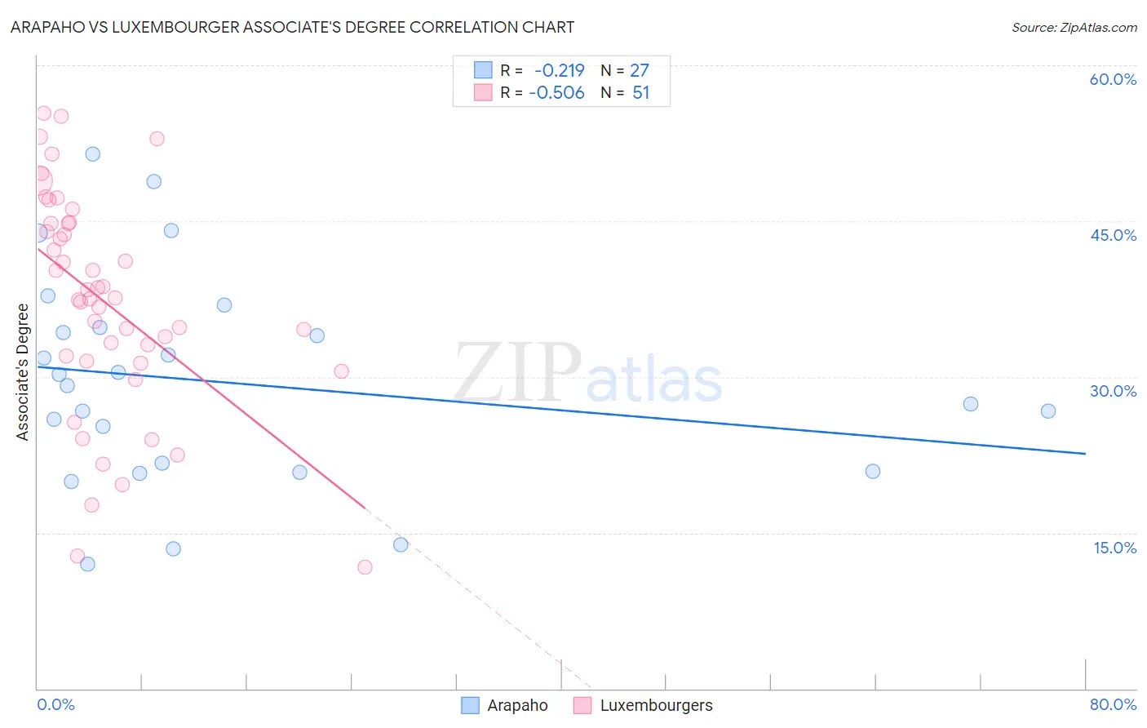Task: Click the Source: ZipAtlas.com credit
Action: [x=1074, y=27]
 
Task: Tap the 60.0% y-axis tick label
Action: [x=1113, y=79]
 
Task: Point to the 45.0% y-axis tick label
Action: [x=1113, y=235]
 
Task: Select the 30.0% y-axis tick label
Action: [x=1113, y=391]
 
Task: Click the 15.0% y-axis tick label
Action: [x=1114, y=548]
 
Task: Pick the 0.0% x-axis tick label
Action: [x=55, y=704]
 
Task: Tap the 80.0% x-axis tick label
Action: [x=1113, y=704]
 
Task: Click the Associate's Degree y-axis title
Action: [x=23, y=371]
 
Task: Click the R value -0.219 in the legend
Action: [x=559, y=71]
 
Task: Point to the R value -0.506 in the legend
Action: [x=556, y=93]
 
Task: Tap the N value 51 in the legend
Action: [x=641, y=93]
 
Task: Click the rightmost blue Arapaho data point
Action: [x=1048, y=411]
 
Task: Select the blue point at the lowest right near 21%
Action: [x=873, y=471]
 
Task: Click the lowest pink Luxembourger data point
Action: [x=365, y=567]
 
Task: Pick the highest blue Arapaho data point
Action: [x=93, y=154]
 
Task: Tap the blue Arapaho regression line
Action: [x=571, y=411]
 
